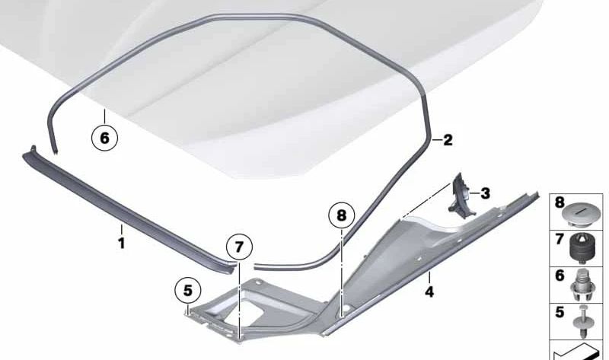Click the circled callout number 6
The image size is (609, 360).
click(x=105, y=138)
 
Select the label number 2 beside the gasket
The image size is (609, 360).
click(x=448, y=140)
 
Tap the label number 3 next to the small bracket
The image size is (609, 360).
click(x=485, y=193)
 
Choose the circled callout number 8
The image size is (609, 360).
click(x=342, y=215)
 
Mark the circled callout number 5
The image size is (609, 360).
click(x=187, y=289)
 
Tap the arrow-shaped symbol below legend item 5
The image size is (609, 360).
click(x=577, y=352)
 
